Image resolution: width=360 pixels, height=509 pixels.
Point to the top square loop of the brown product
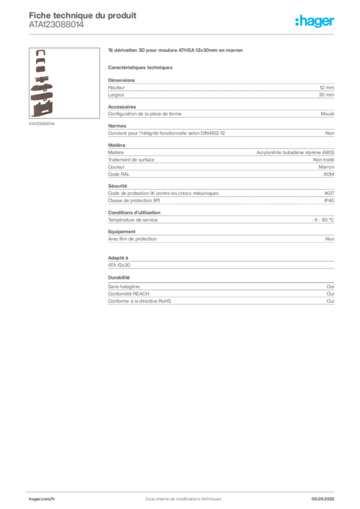(41, 53)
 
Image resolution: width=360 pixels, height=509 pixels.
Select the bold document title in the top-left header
(82, 15)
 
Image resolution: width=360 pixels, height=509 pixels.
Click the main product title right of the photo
(177, 51)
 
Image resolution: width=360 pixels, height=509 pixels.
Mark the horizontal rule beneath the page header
(183, 34)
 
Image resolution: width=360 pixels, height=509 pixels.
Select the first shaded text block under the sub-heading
(221, 88)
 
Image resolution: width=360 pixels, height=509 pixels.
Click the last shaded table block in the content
(221, 294)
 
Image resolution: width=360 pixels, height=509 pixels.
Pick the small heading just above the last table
(119, 277)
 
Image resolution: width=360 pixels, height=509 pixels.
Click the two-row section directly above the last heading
(221, 262)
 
